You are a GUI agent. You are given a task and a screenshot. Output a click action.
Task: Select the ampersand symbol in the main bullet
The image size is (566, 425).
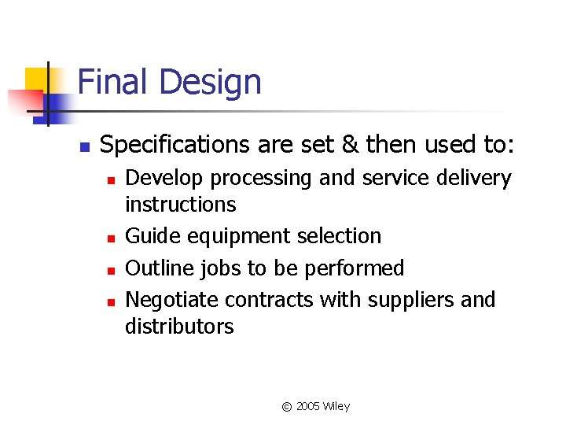(350, 145)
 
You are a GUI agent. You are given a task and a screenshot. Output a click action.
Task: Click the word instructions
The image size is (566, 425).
(180, 205)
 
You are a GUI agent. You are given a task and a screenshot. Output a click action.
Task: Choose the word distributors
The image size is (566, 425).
(179, 326)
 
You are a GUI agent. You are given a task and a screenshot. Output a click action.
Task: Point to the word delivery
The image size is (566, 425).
(473, 179)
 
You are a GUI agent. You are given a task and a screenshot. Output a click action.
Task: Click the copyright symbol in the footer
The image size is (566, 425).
(287, 407)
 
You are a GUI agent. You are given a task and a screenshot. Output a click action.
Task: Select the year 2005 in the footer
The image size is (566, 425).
(308, 407)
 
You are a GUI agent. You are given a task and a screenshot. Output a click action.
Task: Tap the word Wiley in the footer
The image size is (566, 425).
(336, 407)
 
